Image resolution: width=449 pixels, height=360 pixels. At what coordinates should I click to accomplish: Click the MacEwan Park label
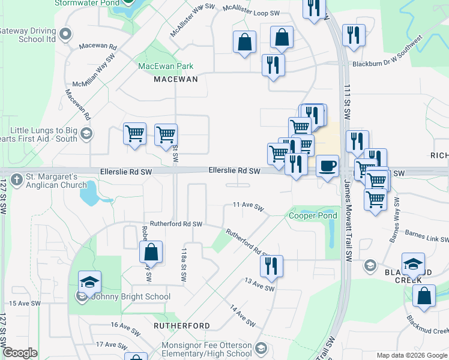tap(166, 66)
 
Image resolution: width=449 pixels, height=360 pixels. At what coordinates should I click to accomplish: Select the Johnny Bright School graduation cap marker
tap(89, 282)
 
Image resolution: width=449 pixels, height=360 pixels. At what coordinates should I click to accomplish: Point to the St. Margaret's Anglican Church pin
tap(17, 178)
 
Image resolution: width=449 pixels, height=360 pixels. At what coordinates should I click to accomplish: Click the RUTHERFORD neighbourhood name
tap(182, 326)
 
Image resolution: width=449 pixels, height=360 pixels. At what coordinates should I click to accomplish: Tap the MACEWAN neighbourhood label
tap(175, 79)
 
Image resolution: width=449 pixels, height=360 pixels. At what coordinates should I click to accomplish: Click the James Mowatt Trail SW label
tap(348, 221)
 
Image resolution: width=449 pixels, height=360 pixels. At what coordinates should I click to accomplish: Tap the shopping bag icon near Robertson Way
tap(151, 253)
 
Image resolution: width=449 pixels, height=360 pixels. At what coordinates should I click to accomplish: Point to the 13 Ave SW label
tap(259, 284)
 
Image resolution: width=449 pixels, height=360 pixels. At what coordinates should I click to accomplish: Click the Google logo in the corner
tap(20, 353)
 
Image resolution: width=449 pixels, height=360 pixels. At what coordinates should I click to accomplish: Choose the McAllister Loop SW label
tap(252, 10)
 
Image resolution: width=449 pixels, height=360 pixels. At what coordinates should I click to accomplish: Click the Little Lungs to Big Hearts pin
tap(86, 133)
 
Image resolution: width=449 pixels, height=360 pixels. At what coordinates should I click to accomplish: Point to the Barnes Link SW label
tap(427, 235)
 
